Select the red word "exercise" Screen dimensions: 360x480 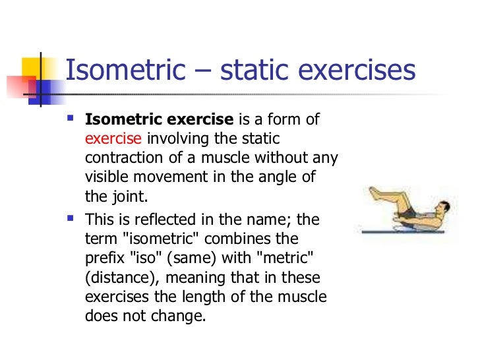pos(113,139)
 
